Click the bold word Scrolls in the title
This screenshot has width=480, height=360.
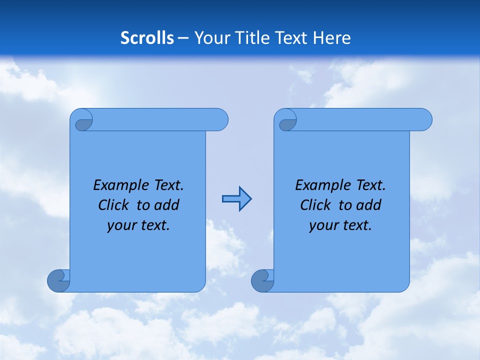coord(147,37)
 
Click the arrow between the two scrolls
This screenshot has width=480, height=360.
coord(236,199)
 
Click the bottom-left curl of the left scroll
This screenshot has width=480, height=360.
coord(58,280)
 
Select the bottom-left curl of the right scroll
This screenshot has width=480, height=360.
coord(262,280)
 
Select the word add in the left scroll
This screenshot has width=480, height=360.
coord(166,205)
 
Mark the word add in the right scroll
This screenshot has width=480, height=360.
coord(368,205)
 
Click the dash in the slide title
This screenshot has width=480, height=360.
coord(183,38)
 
